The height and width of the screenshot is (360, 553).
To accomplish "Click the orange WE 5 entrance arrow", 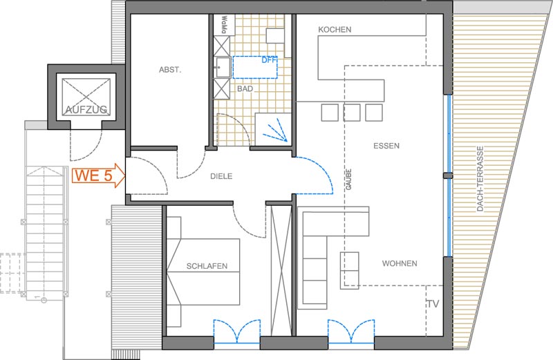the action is (98, 176).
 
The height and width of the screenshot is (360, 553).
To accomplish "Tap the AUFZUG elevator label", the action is (86, 109).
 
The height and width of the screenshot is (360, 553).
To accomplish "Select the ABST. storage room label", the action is (170, 70).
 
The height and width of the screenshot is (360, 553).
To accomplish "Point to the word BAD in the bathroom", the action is (245, 88).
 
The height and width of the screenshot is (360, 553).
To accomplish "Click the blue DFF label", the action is (269, 60).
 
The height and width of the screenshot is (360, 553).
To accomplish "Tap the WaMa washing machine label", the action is (223, 25).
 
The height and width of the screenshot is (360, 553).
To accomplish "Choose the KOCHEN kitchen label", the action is (335, 30).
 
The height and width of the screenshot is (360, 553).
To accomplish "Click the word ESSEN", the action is (386, 146).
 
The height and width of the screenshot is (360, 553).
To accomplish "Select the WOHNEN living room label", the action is (400, 263).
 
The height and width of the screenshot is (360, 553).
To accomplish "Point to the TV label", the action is (433, 304).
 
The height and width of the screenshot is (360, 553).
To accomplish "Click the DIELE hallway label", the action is (221, 176).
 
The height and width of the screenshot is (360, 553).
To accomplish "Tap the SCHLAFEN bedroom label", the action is (207, 266).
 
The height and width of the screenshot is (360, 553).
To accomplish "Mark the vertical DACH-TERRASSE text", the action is (480, 179).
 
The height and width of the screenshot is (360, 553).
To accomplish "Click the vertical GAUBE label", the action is (349, 180).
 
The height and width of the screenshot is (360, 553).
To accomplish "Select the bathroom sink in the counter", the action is (223, 67).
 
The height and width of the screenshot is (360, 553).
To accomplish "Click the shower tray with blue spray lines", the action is (273, 129).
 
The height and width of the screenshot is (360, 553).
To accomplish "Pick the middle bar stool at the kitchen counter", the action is (352, 113).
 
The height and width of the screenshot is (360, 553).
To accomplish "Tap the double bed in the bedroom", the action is (203, 272).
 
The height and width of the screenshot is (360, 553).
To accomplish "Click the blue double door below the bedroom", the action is (237, 332).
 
